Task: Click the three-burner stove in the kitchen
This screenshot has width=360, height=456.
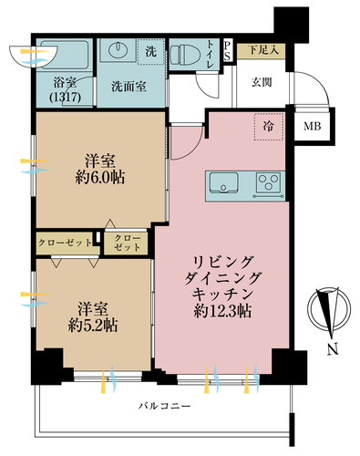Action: coord(269,182)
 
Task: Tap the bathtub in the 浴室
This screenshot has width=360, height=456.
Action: coord(67,55)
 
